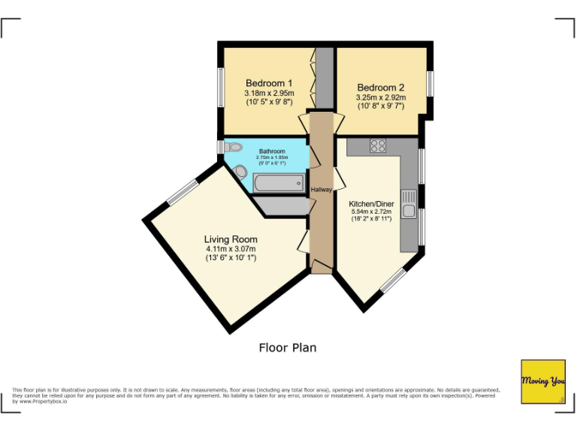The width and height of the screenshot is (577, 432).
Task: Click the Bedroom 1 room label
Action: tap(268, 82)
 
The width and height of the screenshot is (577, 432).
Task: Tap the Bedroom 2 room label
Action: tap(380, 87)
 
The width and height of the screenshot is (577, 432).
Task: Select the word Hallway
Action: tap(322, 190)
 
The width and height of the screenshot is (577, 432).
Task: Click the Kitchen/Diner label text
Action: tap(371, 203)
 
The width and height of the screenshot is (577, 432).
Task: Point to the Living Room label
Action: tap(231, 239)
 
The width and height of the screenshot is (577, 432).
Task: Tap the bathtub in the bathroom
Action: tap(279, 182)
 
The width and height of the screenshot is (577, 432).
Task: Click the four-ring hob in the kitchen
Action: tap(378, 146)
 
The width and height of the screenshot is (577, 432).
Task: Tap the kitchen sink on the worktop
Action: tap(409, 204)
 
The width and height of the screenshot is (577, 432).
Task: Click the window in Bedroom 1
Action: tap(222, 88)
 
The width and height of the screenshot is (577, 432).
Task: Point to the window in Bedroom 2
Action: tap(430, 82)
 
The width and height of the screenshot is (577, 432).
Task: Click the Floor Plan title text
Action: tap(288, 347)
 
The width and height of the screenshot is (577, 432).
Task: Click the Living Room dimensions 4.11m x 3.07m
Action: tap(231, 249)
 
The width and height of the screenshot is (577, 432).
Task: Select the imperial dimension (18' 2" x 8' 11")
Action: tap(371, 219)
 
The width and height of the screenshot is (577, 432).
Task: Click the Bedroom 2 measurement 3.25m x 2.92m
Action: tap(380, 97)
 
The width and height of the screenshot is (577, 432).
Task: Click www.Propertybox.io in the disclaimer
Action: tap(44, 401)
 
